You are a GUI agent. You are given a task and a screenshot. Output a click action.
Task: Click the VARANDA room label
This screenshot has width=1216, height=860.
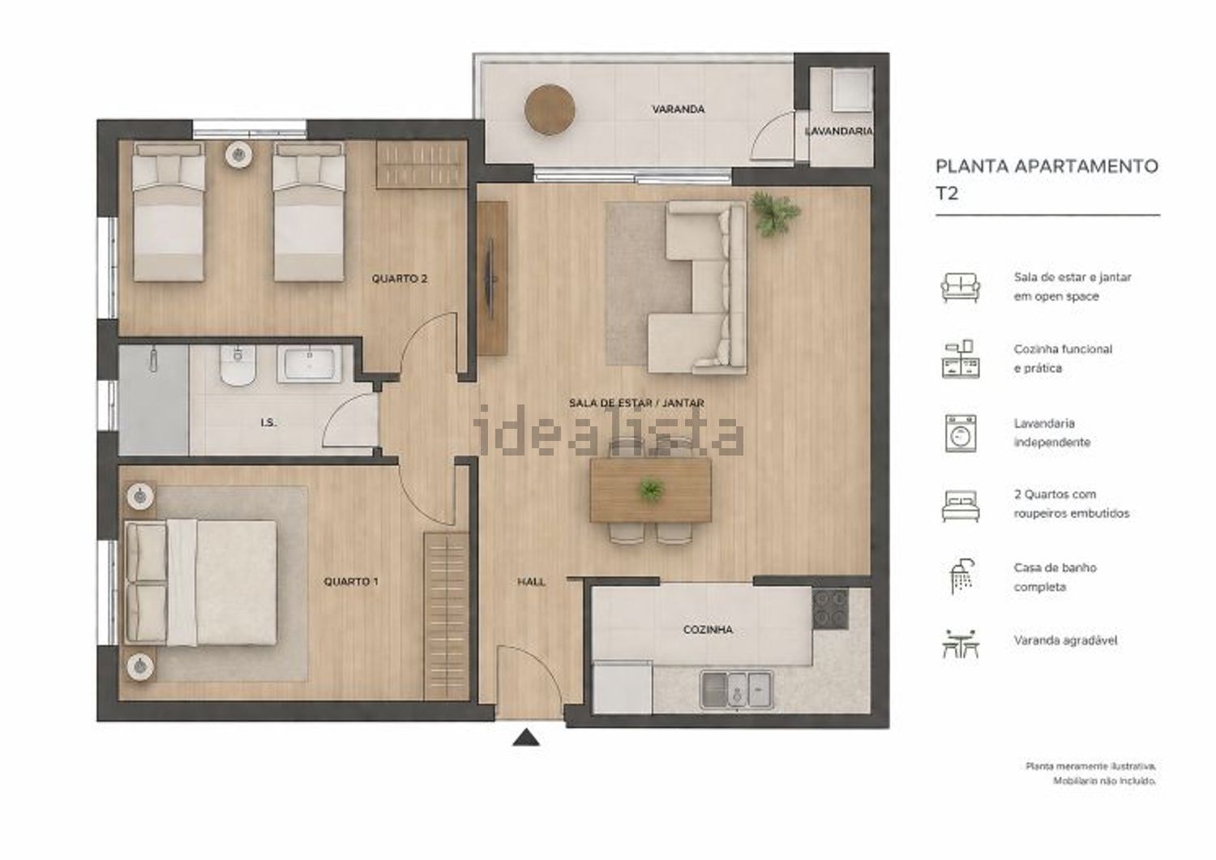click(678, 109)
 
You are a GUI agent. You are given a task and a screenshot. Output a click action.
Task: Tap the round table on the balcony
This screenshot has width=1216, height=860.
click(550, 109)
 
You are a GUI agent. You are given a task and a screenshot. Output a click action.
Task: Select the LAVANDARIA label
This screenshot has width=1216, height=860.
click(839, 130)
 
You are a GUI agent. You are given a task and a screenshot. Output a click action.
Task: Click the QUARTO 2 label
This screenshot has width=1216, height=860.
click(400, 279)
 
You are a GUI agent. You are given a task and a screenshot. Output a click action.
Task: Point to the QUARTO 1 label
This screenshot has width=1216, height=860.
click(351, 581)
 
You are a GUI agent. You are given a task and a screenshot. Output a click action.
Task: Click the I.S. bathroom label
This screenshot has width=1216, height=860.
click(268, 422)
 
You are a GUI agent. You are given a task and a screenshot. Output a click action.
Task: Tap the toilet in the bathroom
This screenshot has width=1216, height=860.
click(238, 365)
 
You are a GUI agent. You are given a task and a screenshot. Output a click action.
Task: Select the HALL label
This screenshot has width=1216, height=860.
click(532, 581)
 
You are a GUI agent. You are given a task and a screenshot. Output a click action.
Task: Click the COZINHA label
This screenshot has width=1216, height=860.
click(708, 629)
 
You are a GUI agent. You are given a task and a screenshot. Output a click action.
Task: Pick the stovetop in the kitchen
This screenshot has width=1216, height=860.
click(831, 609)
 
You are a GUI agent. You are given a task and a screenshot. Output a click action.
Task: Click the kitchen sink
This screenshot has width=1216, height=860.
click(737, 690)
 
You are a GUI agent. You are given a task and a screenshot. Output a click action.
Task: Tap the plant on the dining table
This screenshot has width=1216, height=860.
click(651, 490)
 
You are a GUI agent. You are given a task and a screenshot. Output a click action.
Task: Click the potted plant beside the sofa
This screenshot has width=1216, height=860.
click(775, 213)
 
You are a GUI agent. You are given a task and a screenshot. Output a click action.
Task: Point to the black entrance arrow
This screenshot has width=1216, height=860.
click(526, 738)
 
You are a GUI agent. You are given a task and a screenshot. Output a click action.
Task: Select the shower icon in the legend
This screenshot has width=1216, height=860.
click(961, 576)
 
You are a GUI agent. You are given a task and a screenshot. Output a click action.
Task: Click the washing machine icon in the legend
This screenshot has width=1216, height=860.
click(961, 434)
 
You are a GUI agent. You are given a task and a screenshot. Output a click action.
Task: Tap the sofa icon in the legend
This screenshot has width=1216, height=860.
click(961, 287)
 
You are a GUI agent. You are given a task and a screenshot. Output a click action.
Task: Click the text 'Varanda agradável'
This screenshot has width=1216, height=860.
click(1066, 640)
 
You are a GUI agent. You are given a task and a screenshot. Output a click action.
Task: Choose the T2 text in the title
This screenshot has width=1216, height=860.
click(948, 193)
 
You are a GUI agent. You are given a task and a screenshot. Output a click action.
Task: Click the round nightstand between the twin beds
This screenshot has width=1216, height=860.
click(239, 155)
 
